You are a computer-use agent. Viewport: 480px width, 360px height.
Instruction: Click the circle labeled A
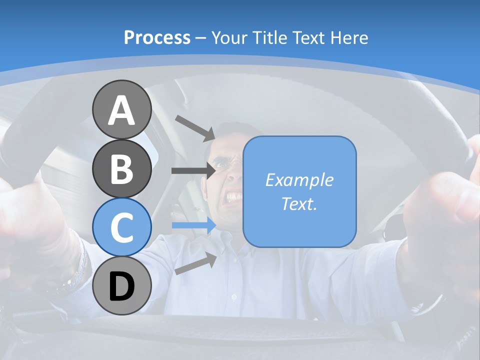122,110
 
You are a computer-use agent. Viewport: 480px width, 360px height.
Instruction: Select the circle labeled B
122,168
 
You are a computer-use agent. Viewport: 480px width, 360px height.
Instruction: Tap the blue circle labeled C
122,227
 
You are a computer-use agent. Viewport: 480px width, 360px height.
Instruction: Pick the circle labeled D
122,286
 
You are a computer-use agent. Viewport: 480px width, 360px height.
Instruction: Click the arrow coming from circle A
195,127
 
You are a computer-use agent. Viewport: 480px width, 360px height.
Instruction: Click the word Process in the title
157,37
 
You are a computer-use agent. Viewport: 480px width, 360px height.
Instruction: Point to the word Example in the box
299,180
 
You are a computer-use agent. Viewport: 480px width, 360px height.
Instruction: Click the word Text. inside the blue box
299,203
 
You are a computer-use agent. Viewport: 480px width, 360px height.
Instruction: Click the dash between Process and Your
201,38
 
